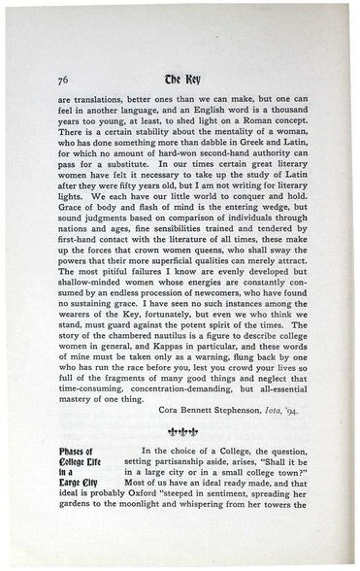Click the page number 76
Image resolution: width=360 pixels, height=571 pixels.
[63, 80]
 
